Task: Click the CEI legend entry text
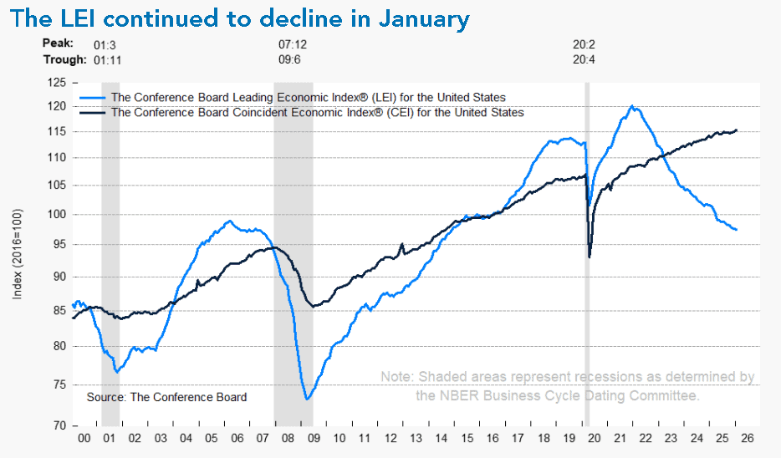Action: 317,112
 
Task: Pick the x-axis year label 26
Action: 746,438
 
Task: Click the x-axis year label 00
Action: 84,438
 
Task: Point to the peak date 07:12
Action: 292,43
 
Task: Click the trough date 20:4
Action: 583,59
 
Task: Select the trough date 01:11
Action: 109,59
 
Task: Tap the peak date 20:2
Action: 583,43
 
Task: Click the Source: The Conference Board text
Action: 166,397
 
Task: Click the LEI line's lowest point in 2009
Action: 307,399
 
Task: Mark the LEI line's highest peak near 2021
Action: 632,106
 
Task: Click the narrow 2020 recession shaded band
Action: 586,251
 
